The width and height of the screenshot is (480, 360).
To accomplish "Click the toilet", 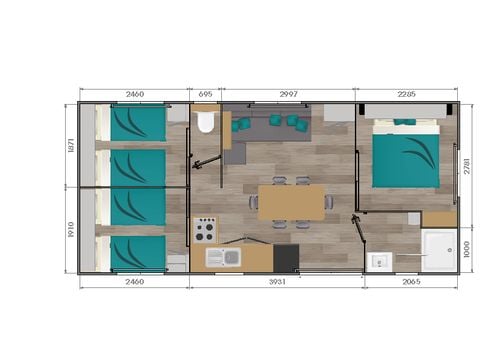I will (206, 123).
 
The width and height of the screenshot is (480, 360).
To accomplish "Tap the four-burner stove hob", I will (204, 230).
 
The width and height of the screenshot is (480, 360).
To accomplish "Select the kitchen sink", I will (223, 258).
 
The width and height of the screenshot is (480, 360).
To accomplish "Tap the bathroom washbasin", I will (380, 261).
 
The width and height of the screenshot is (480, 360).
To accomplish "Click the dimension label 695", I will (205, 94).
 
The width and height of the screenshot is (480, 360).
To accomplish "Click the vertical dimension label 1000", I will (467, 247).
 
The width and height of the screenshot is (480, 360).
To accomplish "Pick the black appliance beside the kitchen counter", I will (285, 257).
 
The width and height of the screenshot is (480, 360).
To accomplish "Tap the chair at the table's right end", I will (331, 202).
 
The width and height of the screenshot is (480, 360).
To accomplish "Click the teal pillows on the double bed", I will (405, 122).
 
